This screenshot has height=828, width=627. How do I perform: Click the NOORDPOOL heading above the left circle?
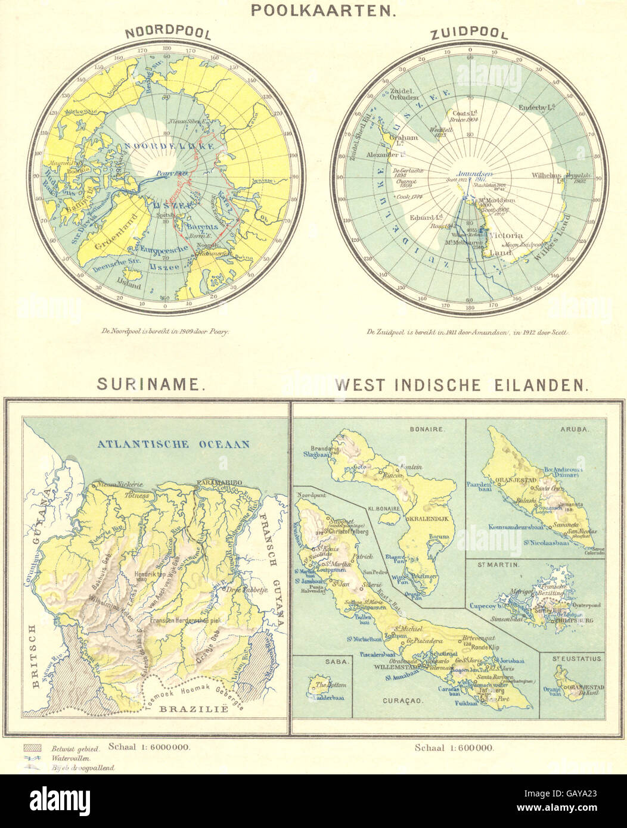[x=167, y=32]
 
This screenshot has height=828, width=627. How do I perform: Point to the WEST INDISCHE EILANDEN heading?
[x=463, y=385]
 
